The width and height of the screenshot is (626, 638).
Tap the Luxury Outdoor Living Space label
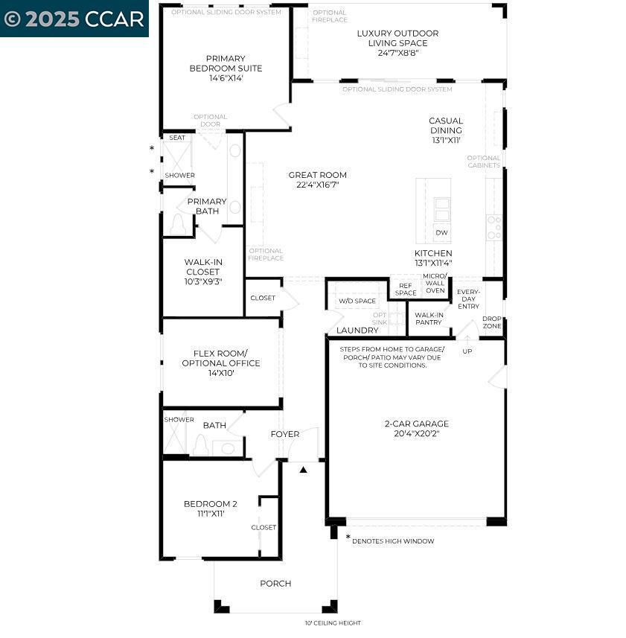tap(397, 38)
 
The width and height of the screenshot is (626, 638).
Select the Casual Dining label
tap(445, 125)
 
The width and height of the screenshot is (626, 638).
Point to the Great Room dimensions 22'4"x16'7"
tap(317, 185)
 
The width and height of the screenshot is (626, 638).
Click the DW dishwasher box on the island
tap(441, 233)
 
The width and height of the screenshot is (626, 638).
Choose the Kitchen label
tap(432, 254)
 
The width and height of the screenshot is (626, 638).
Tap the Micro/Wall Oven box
tap(435, 284)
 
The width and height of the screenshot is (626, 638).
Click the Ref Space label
tap(406, 289)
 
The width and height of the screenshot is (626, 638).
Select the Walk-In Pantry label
tap(429, 319)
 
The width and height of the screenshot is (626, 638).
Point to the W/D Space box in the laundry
tap(357, 302)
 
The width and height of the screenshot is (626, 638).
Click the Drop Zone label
tap(491, 322)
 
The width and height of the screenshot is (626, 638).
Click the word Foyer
tap(284, 434)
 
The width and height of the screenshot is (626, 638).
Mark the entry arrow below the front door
tap(303, 470)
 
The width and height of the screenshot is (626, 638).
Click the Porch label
tap(275, 584)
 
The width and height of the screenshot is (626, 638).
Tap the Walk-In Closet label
tap(203, 272)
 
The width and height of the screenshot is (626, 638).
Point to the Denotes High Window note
tap(392, 541)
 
